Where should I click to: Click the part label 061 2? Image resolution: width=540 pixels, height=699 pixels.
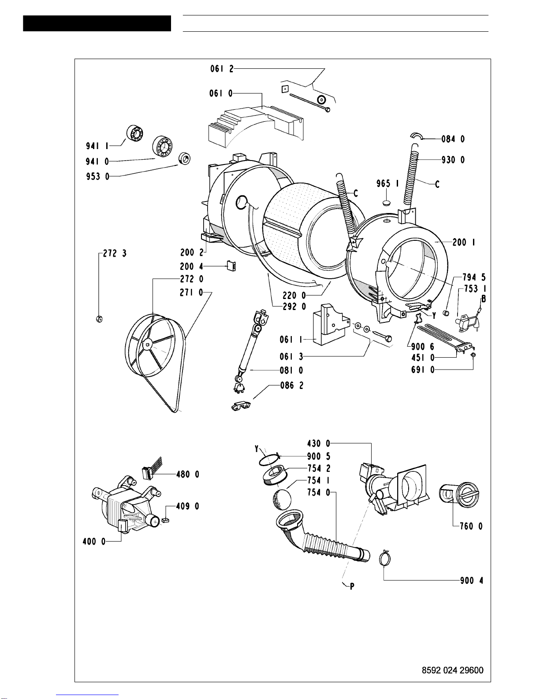click(x=222, y=68)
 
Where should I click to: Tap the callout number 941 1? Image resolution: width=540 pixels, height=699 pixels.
click(x=97, y=146)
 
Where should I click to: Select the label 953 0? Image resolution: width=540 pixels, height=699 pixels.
click(x=98, y=176)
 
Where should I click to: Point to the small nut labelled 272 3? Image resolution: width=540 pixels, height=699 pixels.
click(x=99, y=319)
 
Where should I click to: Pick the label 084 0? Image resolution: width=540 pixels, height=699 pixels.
click(x=453, y=139)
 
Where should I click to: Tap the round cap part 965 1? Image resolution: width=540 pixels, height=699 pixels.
click(x=388, y=203)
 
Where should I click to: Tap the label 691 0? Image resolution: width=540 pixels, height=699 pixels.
click(x=423, y=370)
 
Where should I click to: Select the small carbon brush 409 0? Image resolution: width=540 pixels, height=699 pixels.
click(x=166, y=520)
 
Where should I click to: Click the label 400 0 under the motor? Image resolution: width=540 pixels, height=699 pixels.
click(x=94, y=542)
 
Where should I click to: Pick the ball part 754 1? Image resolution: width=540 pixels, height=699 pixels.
click(x=282, y=500)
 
